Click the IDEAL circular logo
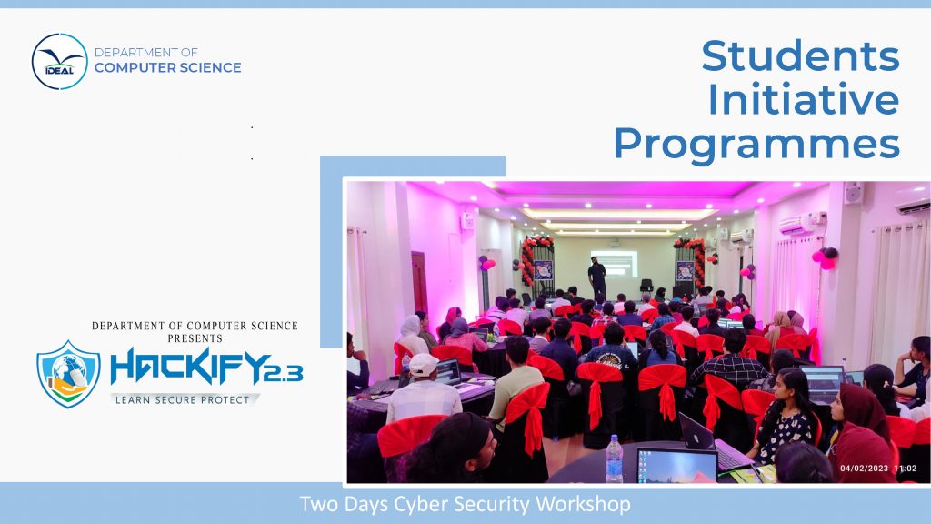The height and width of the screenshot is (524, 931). [x=59, y=62]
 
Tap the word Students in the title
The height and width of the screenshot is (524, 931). [x=800, y=55]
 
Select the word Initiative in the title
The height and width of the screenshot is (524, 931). [x=804, y=99]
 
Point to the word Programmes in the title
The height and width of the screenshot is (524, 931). [x=756, y=145]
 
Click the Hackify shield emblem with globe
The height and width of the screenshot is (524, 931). [x=68, y=374]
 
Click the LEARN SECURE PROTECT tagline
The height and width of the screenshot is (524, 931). [x=182, y=400]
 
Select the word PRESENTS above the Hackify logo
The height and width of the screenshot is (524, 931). [x=195, y=338]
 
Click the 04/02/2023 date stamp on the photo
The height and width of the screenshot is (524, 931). [x=864, y=469]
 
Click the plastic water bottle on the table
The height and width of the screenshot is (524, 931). [x=614, y=458]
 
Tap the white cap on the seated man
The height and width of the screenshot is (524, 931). [x=424, y=365]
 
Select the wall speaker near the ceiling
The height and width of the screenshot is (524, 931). [x=854, y=193]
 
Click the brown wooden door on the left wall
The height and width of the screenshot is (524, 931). [x=418, y=284]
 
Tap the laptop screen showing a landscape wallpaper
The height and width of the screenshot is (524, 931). [x=677, y=467]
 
